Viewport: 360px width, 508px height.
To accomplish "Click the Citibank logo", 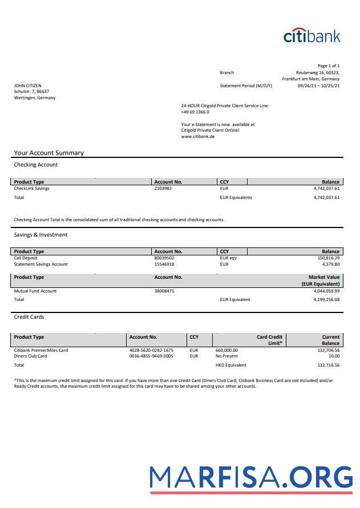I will [312, 35].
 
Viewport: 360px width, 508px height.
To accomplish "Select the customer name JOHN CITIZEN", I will [28, 86].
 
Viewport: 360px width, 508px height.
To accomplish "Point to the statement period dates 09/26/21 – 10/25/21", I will [318, 86].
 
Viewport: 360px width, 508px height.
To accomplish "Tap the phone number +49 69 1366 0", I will [195, 112].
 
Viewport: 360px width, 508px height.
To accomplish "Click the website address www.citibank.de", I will [198, 137].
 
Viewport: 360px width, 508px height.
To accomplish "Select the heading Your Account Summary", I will [49, 153].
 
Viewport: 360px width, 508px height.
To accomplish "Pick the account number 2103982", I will [163, 188].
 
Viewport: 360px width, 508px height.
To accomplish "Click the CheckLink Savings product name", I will [32, 188].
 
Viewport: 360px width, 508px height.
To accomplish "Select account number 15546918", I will [164, 264].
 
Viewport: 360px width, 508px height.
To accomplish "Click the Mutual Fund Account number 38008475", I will [164, 291].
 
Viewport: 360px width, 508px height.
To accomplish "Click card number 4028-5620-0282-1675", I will [151, 350].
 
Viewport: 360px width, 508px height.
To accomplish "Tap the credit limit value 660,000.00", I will [226, 350].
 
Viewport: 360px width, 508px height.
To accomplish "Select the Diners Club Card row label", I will [31, 356].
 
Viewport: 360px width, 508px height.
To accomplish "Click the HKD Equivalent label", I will [231, 365].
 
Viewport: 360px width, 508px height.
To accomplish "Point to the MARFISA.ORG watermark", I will [251, 478].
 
